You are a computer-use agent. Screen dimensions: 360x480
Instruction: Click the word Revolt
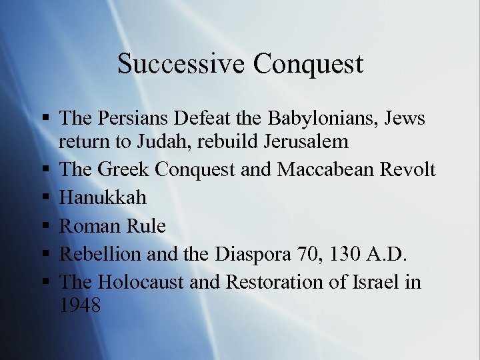408,169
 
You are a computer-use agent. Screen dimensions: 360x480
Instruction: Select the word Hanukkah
103,197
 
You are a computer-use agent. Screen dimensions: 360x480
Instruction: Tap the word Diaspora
263,254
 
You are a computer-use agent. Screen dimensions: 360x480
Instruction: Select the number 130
357,254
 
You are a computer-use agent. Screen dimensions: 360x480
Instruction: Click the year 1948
79,305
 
